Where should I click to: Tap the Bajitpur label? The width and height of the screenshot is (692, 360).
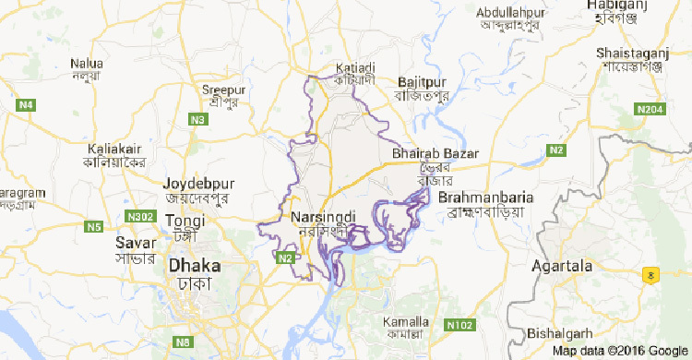point(421,82)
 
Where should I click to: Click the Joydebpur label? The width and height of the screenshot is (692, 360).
point(197,183)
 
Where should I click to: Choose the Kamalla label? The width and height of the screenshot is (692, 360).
point(404,322)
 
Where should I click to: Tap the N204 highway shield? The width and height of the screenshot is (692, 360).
point(650,109)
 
